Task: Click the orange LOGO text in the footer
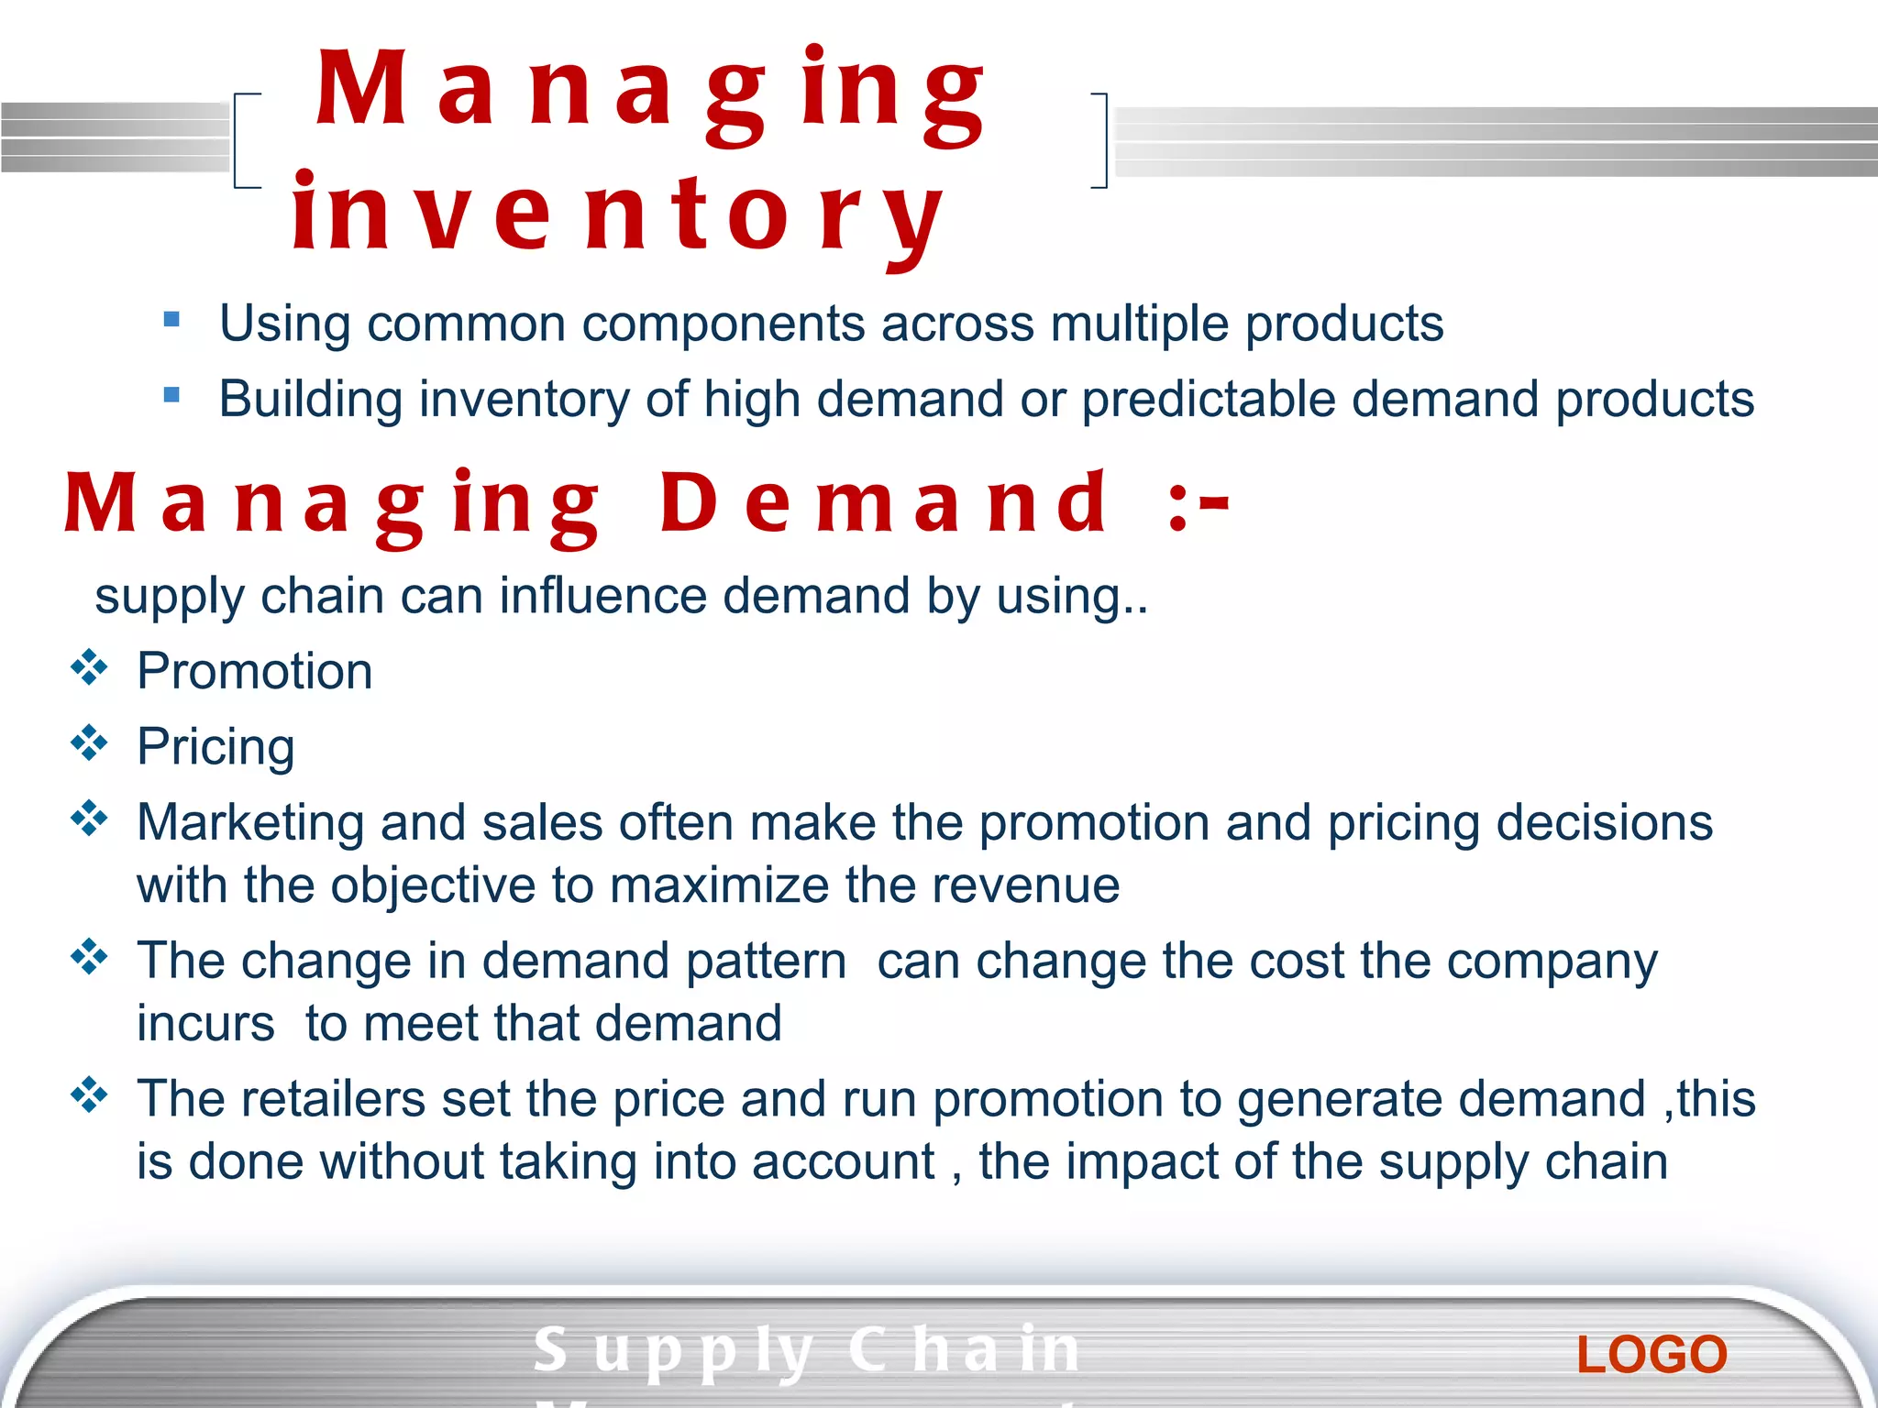(1652, 1355)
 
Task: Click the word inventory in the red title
(617, 215)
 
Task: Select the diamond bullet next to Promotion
(89, 667)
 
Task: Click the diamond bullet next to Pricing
(89, 742)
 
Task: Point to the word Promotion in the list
(255, 671)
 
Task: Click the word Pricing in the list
(215, 747)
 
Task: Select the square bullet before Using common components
(171, 320)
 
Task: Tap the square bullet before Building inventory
(171, 395)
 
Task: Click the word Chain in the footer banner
(964, 1350)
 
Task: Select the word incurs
(205, 1024)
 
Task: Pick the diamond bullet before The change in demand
(89, 957)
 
